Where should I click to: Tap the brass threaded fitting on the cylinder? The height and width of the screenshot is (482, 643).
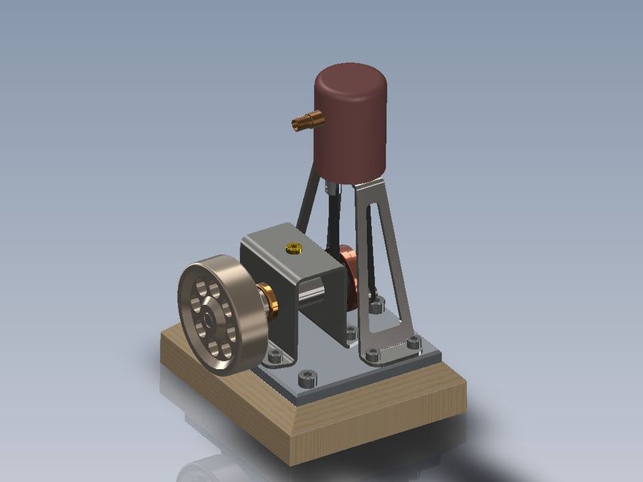point(308,120)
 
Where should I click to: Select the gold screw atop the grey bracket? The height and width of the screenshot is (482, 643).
point(293,247)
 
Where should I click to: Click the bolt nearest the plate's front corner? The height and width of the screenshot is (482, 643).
point(306,377)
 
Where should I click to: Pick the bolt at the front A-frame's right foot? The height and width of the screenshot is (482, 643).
point(413,343)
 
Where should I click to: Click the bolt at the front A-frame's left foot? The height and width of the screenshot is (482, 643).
point(372,355)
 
